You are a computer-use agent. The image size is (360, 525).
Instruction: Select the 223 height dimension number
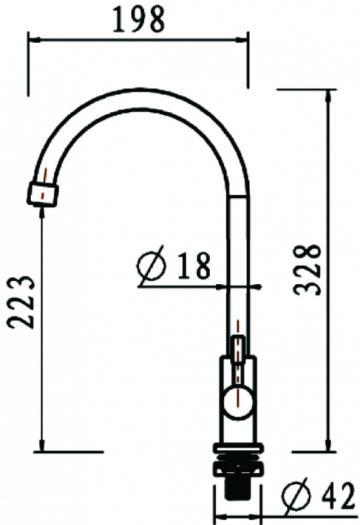point(22,302)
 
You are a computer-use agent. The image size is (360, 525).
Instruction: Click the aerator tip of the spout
point(43,193)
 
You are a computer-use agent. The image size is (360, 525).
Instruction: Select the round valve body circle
point(238,401)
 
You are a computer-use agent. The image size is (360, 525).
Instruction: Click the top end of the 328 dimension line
point(327,91)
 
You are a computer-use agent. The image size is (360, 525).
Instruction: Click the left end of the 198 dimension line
point(28,38)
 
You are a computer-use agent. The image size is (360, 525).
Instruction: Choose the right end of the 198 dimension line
point(247,38)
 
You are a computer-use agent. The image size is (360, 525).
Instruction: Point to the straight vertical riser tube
point(238,262)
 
